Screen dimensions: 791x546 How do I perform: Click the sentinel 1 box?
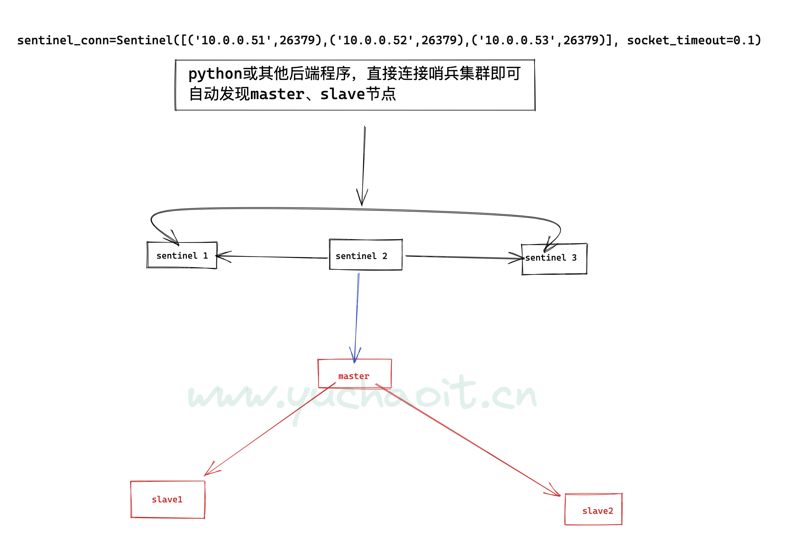coord(182,255)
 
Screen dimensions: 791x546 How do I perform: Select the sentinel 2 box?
coord(366,255)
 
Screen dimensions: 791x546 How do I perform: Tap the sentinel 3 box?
coord(554,259)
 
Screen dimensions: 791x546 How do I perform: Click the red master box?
coord(355,373)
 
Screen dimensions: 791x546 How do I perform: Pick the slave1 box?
coord(168,499)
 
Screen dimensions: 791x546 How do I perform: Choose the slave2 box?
coord(593,509)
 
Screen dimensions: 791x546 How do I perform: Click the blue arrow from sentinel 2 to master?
coord(357,318)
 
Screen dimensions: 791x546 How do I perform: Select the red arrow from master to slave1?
coord(270,429)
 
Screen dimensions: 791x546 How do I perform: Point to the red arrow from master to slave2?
coord(468,440)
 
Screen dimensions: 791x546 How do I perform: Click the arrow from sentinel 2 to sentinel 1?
coord(271,257)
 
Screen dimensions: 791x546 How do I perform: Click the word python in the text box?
coord(215,74)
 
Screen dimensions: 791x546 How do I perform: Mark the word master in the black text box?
coord(277,94)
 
